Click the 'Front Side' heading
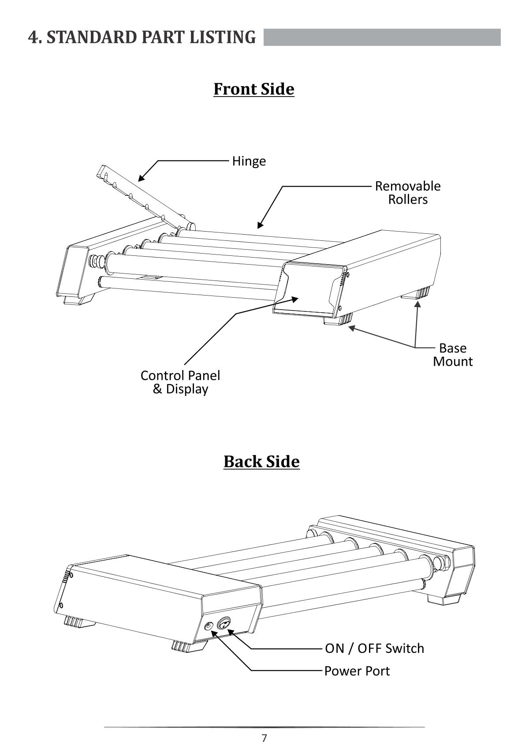[x=253, y=89]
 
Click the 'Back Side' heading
[x=261, y=462]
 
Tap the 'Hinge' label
[x=249, y=161]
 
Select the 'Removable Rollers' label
[x=408, y=193]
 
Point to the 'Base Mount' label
[x=453, y=355]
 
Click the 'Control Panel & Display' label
[x=180, y=382]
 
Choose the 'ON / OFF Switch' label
[x=374, y=649]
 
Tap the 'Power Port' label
[x=357, y=671]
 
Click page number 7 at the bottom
[x=264, y=738]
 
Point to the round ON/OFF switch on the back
[x=224, y=624]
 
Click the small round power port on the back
[x=209, y=626]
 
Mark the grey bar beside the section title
[x=382, y=37]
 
